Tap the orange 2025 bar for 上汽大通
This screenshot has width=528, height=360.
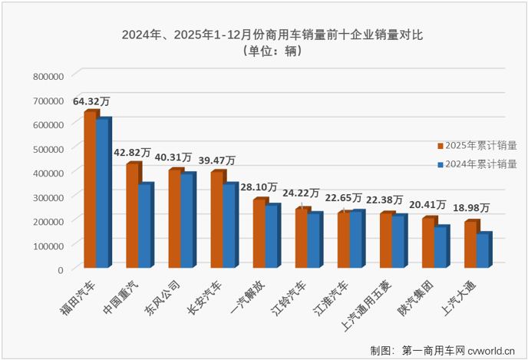coord(470,245)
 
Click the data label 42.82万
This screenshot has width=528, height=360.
coord(133,153)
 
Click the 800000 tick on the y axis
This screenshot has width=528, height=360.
coord(48,75)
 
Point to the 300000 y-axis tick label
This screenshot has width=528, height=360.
coord(48,197)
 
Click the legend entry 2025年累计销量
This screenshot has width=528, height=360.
coord(480,144)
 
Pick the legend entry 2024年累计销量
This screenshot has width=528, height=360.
coord(480,163)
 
